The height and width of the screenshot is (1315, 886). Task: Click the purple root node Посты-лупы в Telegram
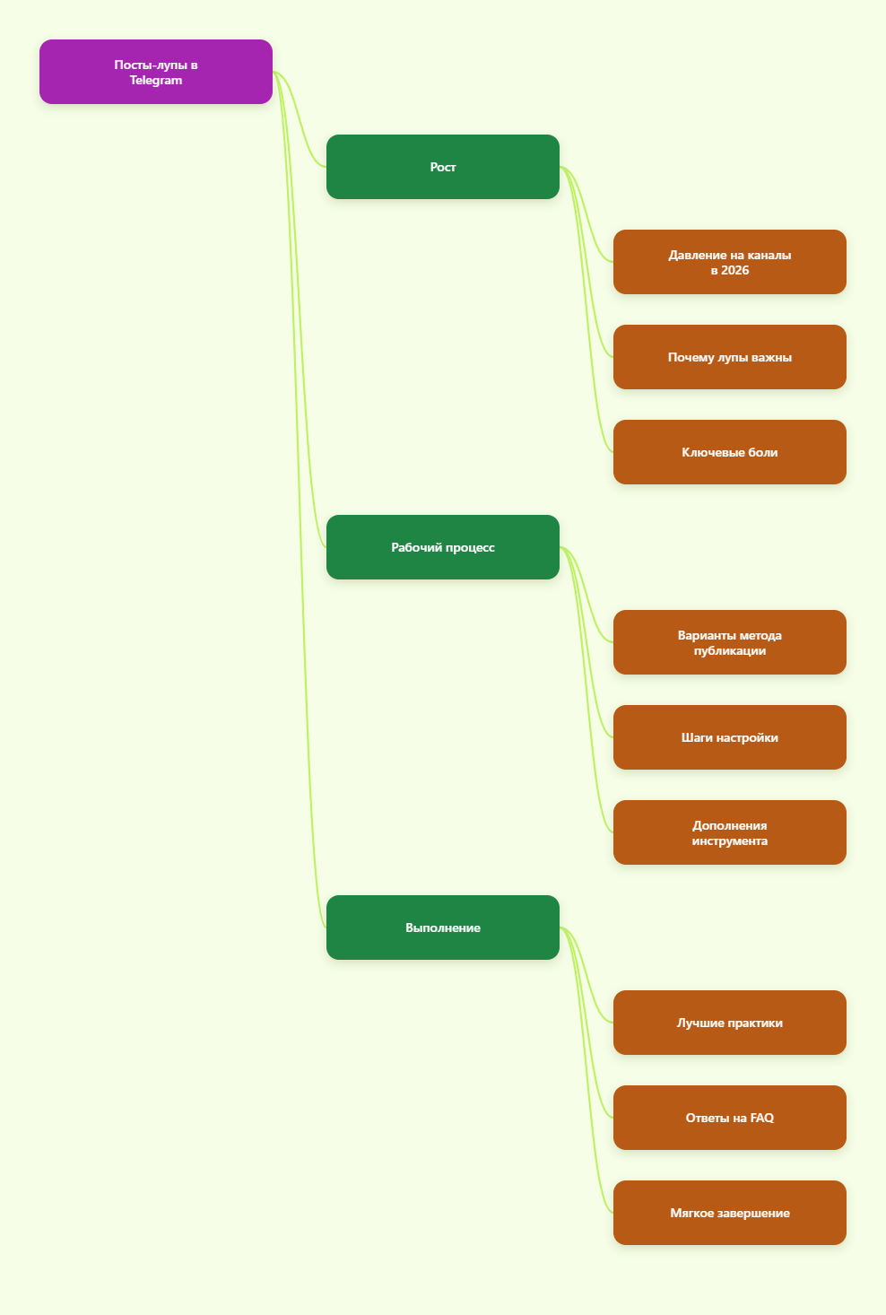coord(155,72)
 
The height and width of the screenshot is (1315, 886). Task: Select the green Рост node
coord(442,167)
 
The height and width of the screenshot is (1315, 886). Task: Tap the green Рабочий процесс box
coord(442,547)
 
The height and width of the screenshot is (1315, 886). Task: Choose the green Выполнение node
coord(442,927)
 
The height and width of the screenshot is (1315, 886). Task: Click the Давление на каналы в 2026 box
coord(729,262)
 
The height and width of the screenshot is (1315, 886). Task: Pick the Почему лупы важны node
coord(729,357)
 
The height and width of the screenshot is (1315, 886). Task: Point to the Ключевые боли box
coord(729,452)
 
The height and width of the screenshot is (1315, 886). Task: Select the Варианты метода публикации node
coord(729,642)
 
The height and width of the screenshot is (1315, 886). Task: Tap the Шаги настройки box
coord(729,737)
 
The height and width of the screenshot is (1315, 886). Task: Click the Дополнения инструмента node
coord(729,832)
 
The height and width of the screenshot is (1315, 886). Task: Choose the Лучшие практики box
coord(729,1023)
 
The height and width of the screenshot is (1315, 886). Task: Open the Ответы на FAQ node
coord(729,1118)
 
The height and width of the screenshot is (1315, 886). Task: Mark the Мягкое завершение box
coord(729,1213)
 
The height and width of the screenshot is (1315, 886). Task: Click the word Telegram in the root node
coord(155,81)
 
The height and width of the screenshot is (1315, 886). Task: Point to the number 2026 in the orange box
coord(734,270)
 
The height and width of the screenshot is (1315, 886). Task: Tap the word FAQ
coord(761,1118)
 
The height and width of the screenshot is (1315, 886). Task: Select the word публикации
coord(729,650)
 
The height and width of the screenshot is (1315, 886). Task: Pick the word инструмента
coord(729,840)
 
